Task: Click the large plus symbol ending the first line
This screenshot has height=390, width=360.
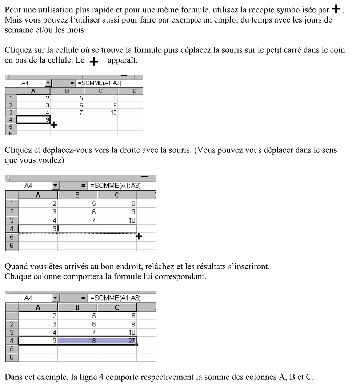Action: (x=337, y=10)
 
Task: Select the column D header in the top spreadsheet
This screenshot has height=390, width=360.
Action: (x=134, y=91)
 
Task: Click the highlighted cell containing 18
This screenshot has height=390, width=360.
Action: (x=77, y=341)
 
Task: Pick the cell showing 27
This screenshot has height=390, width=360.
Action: (x=117, y=341)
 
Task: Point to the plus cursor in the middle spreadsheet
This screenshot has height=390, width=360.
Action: (x=139, y=237)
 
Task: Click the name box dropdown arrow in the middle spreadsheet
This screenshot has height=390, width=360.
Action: (x=55, y=186)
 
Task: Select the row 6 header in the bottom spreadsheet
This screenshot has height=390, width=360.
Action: (x=11, y=357)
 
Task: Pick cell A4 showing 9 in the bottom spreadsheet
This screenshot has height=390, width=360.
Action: (x=38, y=341)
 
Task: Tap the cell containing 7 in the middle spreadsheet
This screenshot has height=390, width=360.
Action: (x=77, y=220)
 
